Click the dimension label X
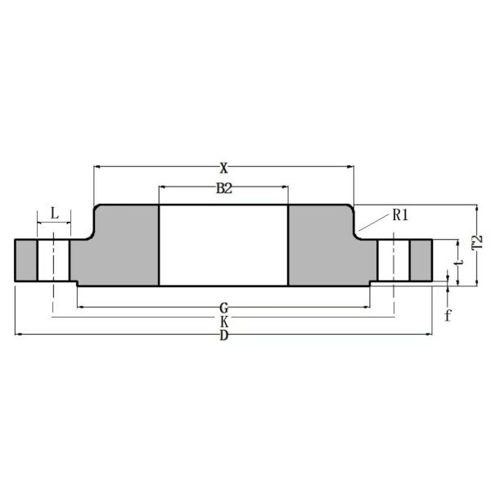[x=223, y=168]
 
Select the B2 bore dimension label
[x=223, y=188]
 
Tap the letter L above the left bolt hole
[x=54, y=214]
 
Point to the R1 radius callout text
[x=400, y=215]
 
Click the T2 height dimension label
[x=476, y=245]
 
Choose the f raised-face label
[x=448, y=314]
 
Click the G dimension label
[x=223, y=308]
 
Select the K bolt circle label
[x=223, y=322]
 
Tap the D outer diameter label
[x=223, y=336]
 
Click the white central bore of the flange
[x=223, y=245]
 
